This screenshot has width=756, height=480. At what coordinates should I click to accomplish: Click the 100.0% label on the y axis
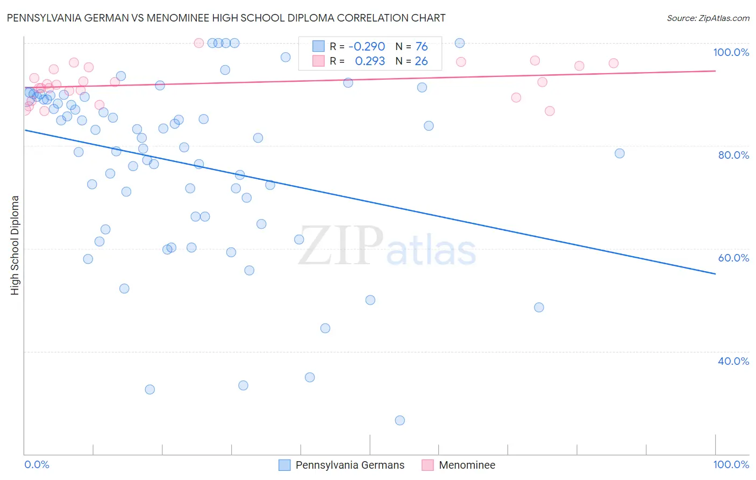pyautogui.click(x=731, y=52)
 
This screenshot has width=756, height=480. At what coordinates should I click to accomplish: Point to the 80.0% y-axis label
pyautogui.click(x=733, y=155)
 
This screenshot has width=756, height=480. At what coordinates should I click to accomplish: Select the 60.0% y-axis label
pyautogui.click(x=733, y=258)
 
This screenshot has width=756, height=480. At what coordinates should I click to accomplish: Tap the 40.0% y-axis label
pyautogui.click(x=733, y=361)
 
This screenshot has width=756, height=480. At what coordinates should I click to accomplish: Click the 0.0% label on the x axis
pyautogui.click(x=37, y=464)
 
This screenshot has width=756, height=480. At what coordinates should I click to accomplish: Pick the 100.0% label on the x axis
pyautogui.click(x=731, y=464)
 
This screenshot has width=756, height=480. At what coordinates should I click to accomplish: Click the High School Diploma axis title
pyautogui.click(x=15, y=245)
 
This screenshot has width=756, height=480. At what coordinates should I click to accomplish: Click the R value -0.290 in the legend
pyautogui.click(x=367, y=47)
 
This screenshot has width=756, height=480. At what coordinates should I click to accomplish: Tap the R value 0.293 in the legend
pyautogui.click(x=370, y=61)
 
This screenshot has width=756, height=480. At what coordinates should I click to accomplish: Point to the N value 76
pyautogui.click(x=422, y=47)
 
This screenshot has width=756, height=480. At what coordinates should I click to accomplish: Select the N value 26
pyautogui.click(x=422, y=61)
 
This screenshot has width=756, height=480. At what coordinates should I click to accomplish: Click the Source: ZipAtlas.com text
pyautogui.click(x=708, y=18)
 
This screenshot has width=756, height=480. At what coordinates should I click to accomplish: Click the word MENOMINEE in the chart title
pyautogui.click(x=183, y=18)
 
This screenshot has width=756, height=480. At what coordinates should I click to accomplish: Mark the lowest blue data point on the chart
pyautogui.click(x=400, y=420)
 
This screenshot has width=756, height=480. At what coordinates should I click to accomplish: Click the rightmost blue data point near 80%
pyautogui.click(x=619, y=153)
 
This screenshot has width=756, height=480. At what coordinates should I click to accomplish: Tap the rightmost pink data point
pyautogui.click(x=614, y=63)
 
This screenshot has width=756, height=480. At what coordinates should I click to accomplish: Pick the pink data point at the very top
pyautogui.click(x=198, y=43)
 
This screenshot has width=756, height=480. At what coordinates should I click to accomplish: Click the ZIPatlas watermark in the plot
pyautogui.click(x=387, y=246)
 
